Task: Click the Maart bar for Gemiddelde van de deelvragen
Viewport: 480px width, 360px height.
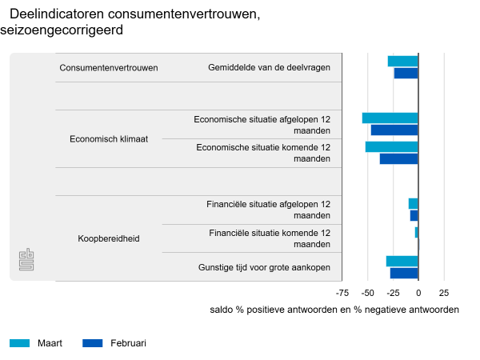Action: [x=403, y=62]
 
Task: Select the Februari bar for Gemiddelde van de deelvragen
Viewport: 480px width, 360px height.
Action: [x=406, y=74]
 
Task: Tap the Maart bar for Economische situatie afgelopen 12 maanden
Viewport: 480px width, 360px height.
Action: [x=390, y=118]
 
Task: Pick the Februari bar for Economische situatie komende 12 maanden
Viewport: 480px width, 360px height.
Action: [x=399, y=158]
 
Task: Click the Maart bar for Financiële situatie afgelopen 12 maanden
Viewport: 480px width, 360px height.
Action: [x=414, y=204]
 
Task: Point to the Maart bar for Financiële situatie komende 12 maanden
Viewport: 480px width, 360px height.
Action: [x=417, y=232]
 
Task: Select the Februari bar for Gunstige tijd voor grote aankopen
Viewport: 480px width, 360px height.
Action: [x=404, y=273]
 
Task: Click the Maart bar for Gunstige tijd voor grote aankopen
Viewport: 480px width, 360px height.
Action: [x=402, y=262]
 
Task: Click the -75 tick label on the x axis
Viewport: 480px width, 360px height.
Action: [x=342, y=293]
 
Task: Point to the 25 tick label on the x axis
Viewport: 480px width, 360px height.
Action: [x=444, y=293]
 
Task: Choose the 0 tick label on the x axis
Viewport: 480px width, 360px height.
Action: [x=418, y=293]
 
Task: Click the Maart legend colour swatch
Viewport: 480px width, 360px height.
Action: [x=19, y=343]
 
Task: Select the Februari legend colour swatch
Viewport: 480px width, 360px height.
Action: [x=93, y=343]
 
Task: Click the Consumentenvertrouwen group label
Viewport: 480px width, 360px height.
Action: [x=109, y=68]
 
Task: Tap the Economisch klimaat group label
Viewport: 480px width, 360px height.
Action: [x=109, y=138]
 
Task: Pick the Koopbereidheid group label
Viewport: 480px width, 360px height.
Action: [x=109, y=238]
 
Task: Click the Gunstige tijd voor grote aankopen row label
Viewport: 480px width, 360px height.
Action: [x=264, y=267]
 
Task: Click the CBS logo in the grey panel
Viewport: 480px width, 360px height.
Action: [x=26, y=260]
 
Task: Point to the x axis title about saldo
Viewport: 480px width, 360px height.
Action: [x=334, y=310]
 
